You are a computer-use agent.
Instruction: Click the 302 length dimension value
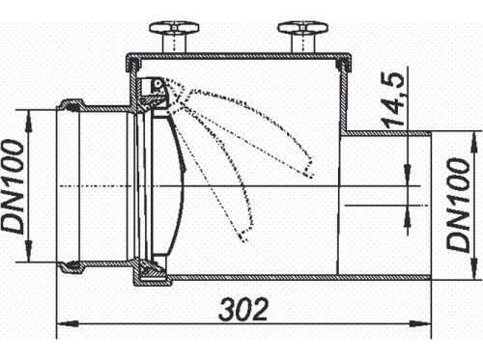(x=243, y=310)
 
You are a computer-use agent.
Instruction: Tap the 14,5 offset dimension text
(x=393, y=100)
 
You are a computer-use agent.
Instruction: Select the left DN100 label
(x=13, y=186)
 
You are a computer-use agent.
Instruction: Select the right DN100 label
(x=459, y=206)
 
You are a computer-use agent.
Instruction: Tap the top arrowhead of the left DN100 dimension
(x=29, y=120)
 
